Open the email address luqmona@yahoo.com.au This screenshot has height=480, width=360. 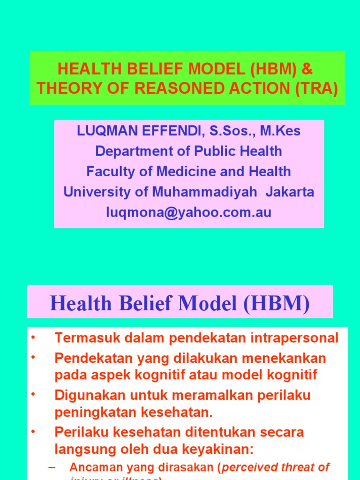pyautogui.click(x=189, y=212)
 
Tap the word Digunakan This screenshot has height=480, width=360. pyautogui.click(x=84, y=395)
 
